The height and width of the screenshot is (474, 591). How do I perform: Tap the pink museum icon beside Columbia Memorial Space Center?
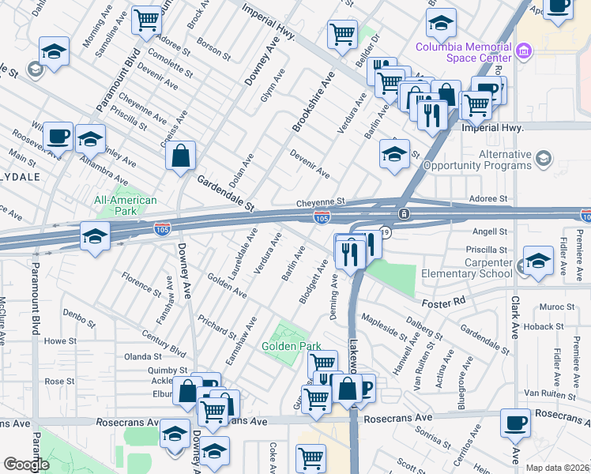point(523,53)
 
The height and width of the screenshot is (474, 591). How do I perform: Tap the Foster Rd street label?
point(472,300)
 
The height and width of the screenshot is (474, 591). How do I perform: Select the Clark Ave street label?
point(514,324)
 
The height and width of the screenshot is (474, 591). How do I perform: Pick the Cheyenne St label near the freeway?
point(322,202)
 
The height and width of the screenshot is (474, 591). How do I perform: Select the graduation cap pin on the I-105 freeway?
point(95,235)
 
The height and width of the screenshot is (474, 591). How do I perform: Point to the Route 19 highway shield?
point(385,233)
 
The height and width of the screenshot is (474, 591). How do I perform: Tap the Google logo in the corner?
point(26,464)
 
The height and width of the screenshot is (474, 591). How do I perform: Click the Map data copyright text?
point(557,468)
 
